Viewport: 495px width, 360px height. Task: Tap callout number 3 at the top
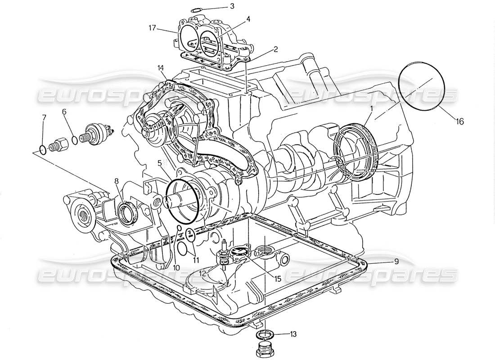point(232,6)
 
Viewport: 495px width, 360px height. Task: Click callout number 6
point(64,111)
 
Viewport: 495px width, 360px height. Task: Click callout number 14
point(161,68)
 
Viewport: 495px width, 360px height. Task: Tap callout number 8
point(116,181)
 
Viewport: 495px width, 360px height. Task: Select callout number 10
point(176,268)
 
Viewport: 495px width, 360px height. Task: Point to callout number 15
point(278,279)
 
